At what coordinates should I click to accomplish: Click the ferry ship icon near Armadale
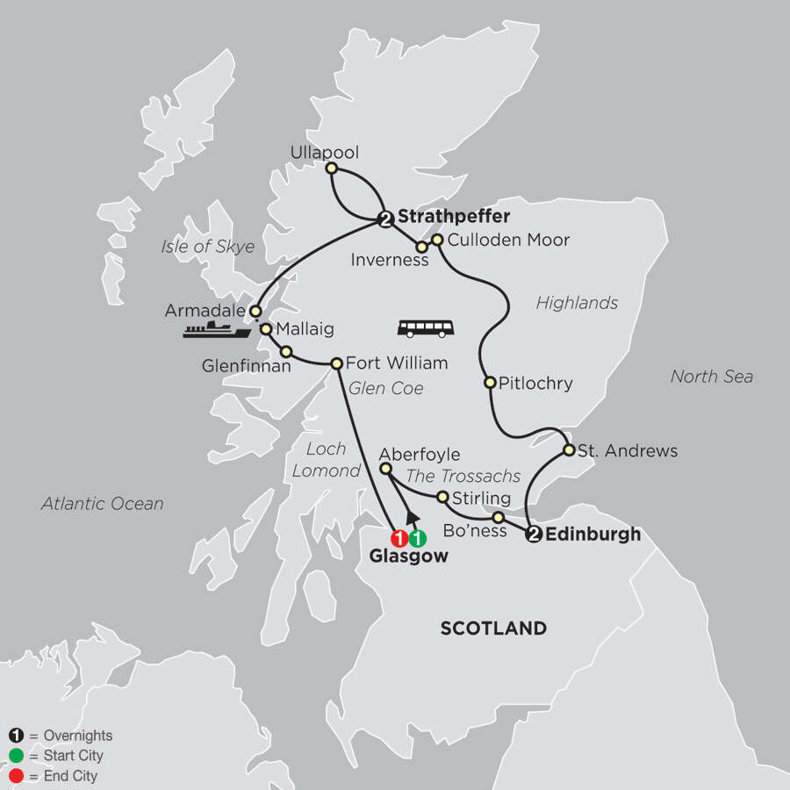coord(216,330)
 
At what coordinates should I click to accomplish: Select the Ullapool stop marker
coord(331,168)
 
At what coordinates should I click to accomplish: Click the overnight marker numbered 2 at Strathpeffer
coord(384,219)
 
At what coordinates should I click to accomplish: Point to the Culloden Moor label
coord(508,240)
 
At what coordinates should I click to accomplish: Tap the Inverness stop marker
coord(421,247)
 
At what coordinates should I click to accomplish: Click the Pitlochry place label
coord(535,383)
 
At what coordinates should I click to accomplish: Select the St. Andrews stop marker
coord(569,451)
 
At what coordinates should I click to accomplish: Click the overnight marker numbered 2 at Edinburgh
coord(532,535)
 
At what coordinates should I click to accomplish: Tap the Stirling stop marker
coord(443,498)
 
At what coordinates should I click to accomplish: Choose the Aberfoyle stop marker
coord(384,470)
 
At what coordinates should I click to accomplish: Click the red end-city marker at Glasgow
coord(399,538)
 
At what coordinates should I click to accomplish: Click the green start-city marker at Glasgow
coord(418,538)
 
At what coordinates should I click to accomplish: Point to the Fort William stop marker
coord(335,363)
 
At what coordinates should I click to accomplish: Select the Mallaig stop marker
coord(265,329)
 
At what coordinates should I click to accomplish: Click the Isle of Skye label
coord(208,247)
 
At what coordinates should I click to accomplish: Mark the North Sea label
coord(711,377)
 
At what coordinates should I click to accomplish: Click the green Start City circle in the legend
coord(17,756)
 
